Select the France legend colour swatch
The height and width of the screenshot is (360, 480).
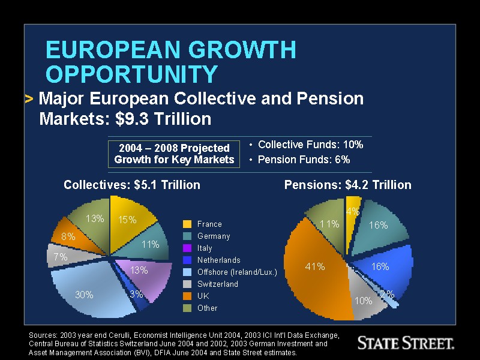(187, 224)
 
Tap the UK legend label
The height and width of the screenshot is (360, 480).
(203, 296)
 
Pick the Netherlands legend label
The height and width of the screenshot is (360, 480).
(218, 260)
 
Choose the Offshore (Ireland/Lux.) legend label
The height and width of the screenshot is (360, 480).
(237, 272)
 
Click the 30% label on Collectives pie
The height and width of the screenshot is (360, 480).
(84, 295)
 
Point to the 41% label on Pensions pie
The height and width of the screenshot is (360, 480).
(315, 267)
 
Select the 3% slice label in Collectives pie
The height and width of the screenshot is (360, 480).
(136, 295)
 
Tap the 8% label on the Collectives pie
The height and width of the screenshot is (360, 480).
(68, 237)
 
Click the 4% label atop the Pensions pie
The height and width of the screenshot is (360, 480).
(352, 211)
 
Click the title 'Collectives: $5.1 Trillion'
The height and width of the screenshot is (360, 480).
(132, 185)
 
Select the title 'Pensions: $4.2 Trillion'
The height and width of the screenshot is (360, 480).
(347, 185)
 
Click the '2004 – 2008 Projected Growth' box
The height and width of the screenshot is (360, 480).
(174, 154)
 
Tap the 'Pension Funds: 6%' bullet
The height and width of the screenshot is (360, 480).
(304, 160)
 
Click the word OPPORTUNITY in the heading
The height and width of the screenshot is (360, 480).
(131, 74)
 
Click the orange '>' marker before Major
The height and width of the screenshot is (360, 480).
(29, 99)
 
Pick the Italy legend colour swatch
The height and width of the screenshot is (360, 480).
(187, 248)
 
